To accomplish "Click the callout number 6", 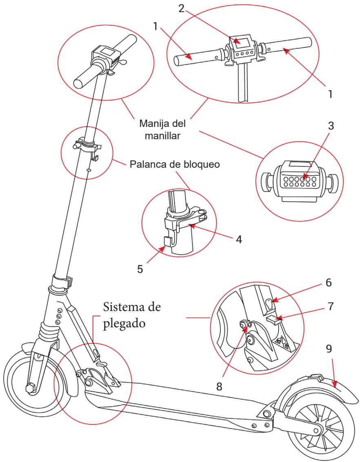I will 318,282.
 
